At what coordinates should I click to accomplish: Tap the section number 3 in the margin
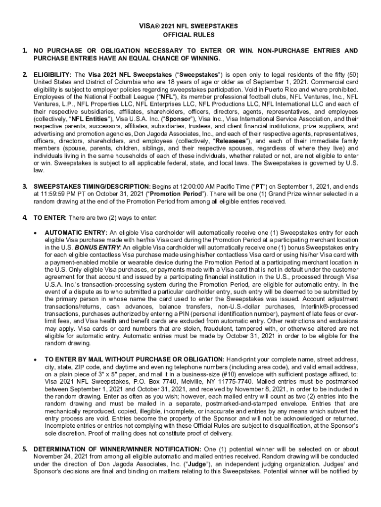[x=25, y=186]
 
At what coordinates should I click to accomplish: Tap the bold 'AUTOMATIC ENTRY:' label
[x=76, y=232]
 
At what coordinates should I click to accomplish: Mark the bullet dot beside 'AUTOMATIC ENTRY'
[x=36, y=233]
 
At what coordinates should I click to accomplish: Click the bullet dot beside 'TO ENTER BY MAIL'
[x=36, y=359]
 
